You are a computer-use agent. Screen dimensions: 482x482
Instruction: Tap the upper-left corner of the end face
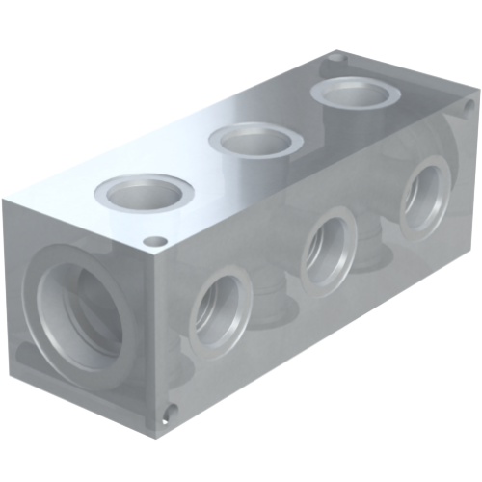[x=3, y=198]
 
